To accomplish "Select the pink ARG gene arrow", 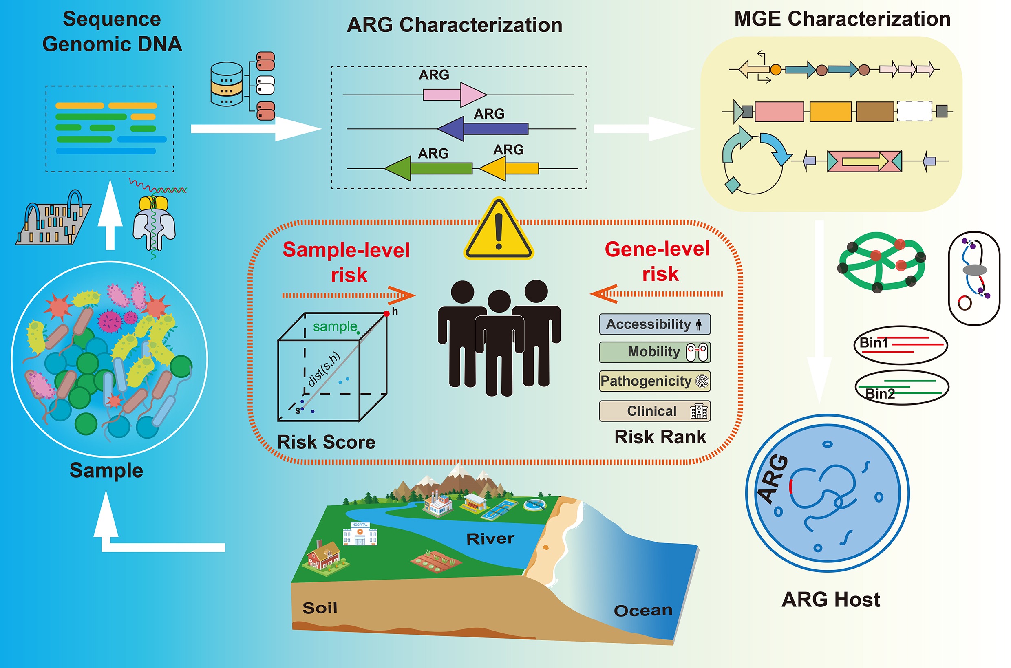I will pos(454,95).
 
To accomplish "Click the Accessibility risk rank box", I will pos(654,324).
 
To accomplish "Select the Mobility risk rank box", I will pos(654,352).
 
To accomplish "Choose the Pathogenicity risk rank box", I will pos(654,381).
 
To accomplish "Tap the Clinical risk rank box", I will pos(654,411).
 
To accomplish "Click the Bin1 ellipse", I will pos(900,345).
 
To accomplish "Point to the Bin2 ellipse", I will pos(901,387).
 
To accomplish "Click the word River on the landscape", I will pos(490,539).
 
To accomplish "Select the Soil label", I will pos(320,608).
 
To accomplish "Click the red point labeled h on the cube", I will pos(386,313).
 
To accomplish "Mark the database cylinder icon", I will pos(227,84).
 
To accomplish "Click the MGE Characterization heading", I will pos(842,19).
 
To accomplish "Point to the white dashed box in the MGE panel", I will pos(914,111).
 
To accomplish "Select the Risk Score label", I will pos(327,442).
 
